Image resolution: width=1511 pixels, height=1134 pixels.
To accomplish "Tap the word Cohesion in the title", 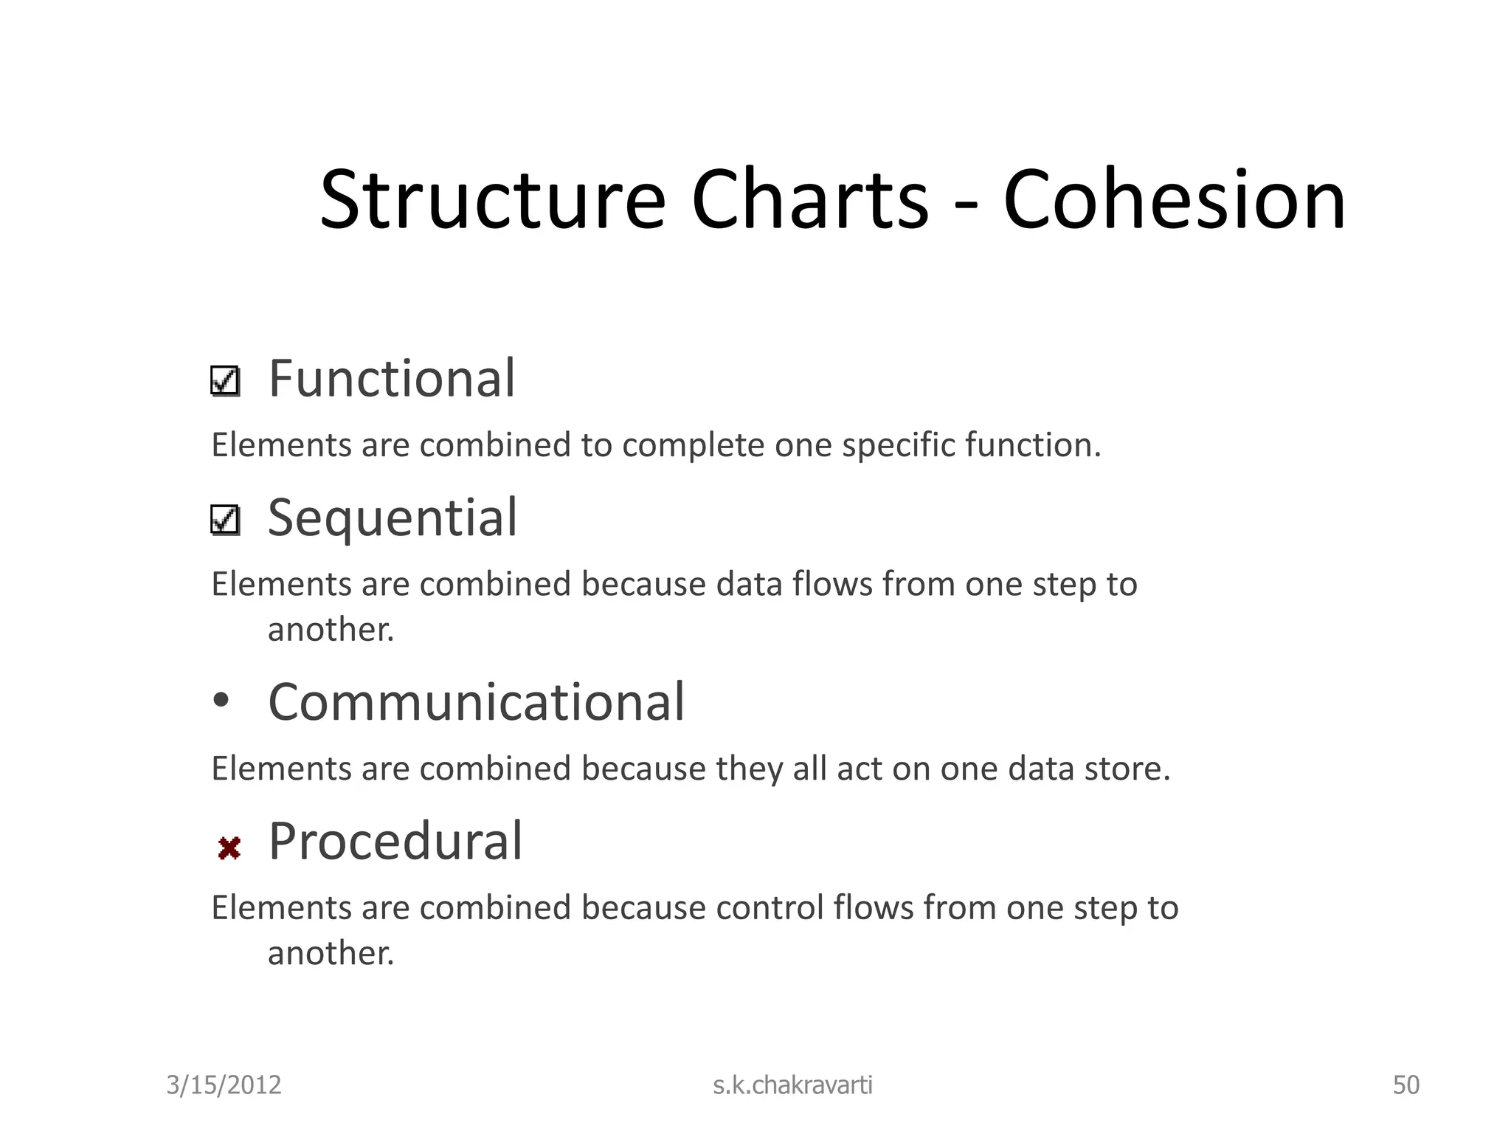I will (x=1174, y=201).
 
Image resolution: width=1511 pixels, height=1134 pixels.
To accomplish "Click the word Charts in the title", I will (x=809, y=201).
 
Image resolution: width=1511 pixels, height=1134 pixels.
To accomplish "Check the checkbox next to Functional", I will (x=225, y=382).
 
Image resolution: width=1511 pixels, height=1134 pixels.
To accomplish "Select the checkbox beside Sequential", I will (x=225, y=520).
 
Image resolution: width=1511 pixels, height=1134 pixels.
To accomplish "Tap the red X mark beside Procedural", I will (x=229, y=848).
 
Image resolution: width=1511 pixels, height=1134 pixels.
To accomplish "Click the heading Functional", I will (x=391, y=379).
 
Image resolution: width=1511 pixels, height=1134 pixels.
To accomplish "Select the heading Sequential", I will (x=392, y=518).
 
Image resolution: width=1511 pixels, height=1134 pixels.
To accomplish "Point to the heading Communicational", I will (x=476, y=702).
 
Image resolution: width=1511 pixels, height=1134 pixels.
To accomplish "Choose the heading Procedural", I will (x=395, y=842).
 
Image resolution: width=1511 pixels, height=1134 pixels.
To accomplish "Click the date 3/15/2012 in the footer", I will (x=224, y=1085).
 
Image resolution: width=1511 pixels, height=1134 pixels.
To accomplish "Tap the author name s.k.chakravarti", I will (x=792, y=1085).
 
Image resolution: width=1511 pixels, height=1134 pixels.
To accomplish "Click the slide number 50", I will (x=1405, y=1085).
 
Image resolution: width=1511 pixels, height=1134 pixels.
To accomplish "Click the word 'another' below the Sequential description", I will (x=330, y=630).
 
